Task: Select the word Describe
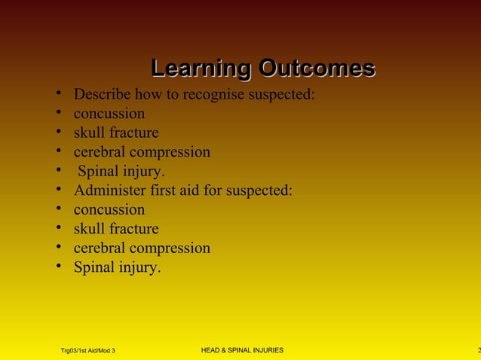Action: (103, 95)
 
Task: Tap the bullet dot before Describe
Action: (58, 95)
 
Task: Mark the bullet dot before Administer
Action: (58, 191)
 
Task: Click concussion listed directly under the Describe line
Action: (109, 114)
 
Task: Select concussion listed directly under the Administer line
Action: (109, 210)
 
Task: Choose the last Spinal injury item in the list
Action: (117, 267)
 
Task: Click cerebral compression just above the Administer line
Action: (142, 152)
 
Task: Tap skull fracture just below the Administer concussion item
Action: (116, 229)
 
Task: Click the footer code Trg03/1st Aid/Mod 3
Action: (87, 351)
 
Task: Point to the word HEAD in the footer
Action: (214, 350)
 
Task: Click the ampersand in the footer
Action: (229, 350)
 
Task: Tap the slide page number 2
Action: (478, 350)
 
